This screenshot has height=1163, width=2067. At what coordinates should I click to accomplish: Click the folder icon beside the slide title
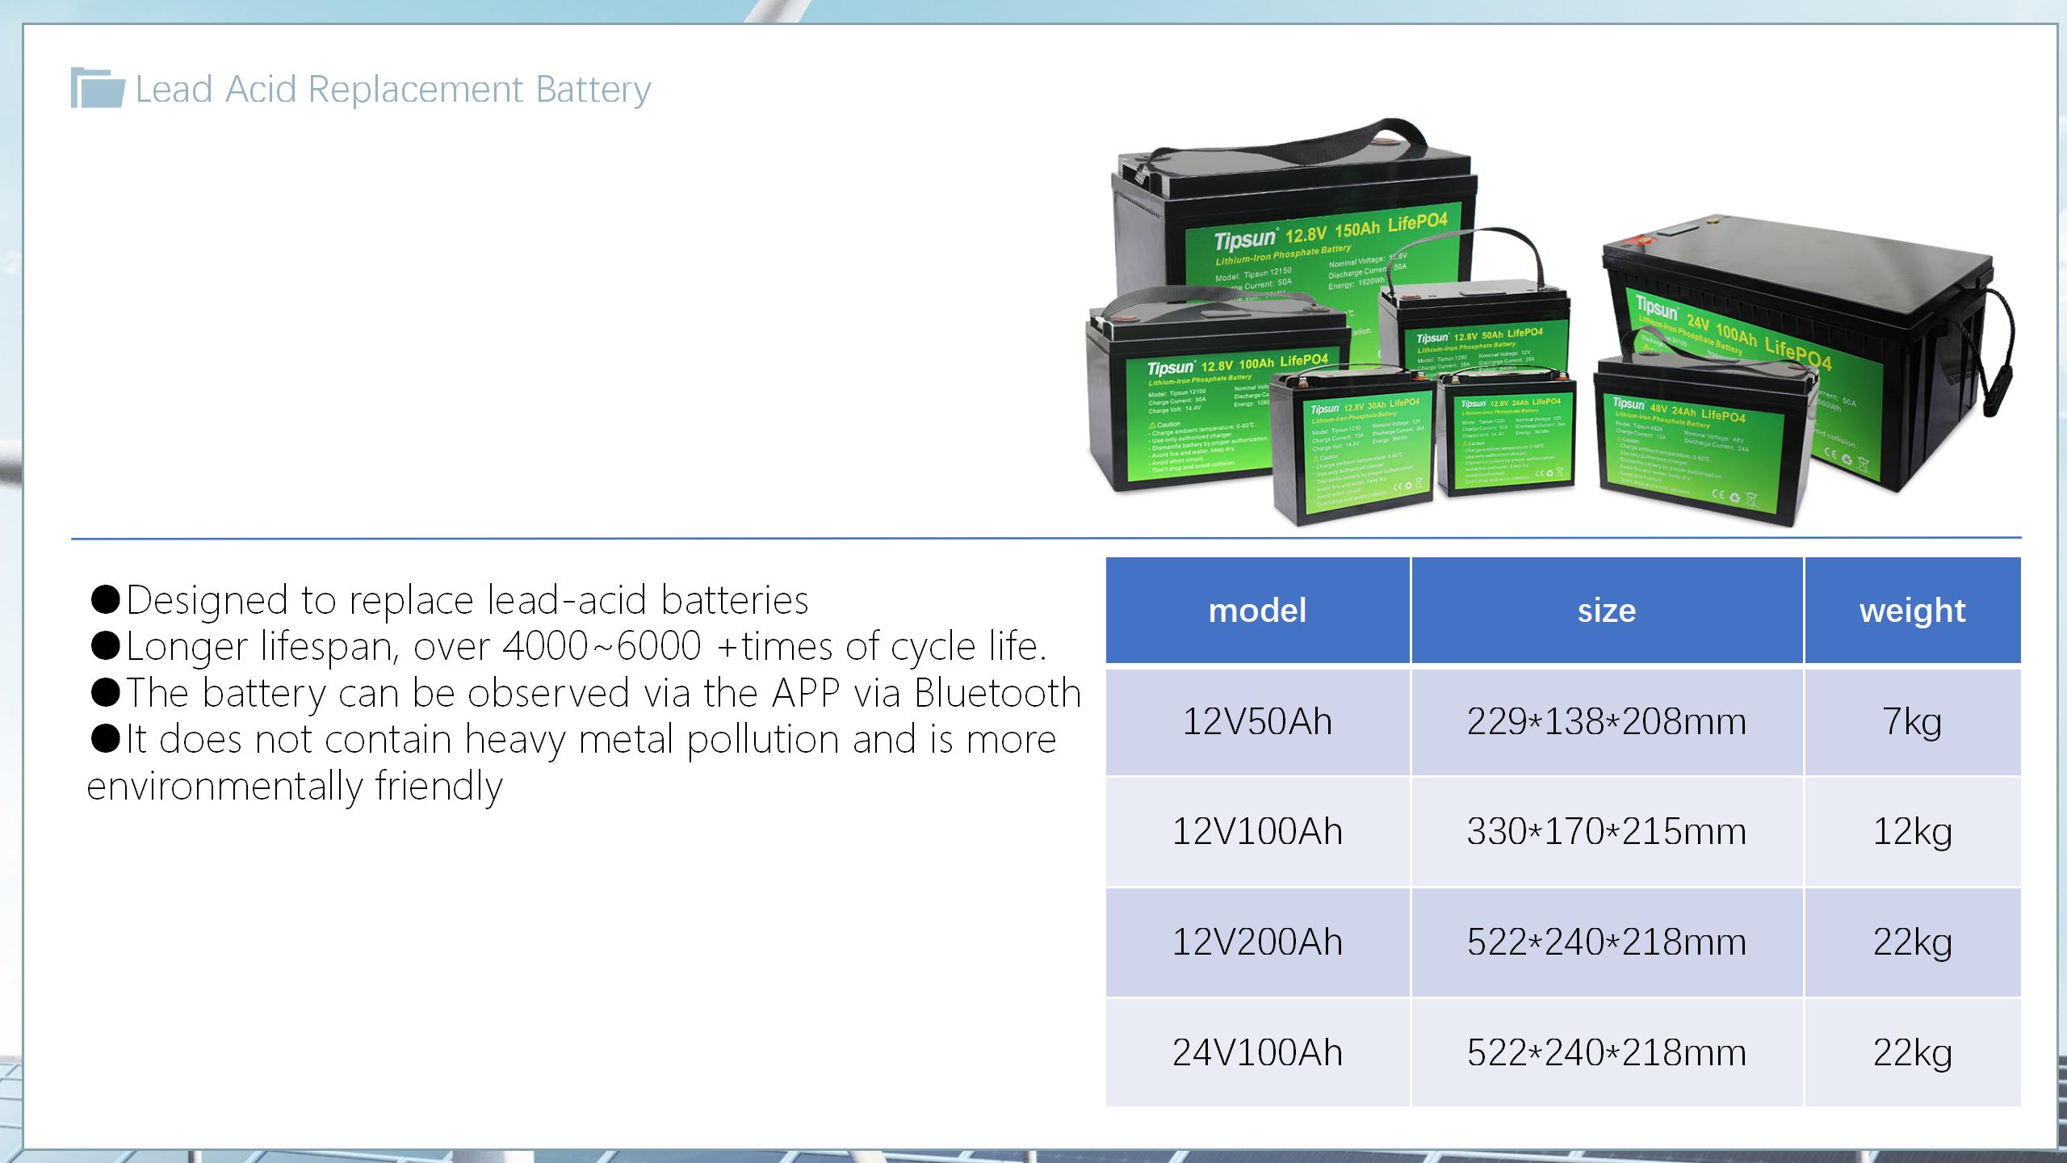click(x=98, y=88)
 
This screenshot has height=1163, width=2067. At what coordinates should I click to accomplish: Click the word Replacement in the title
click(x=415, y=90)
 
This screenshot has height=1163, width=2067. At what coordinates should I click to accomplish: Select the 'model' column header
click(x=1257, y=611)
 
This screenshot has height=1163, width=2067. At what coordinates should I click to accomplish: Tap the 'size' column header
click(x=1607, y=611)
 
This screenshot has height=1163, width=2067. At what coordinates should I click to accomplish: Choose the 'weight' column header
click(x=1912, y=611)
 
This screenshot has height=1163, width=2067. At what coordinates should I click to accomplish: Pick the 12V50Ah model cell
click(x=1257, y=721)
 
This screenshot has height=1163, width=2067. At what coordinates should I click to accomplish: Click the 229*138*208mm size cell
click(x=1607, y=721)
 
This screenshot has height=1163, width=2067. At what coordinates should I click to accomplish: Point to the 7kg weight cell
click(x=1912, y=721)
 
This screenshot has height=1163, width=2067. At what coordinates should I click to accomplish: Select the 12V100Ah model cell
click(x=1257, y=831)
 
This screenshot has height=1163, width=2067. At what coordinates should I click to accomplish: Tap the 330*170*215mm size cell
click(x=1607, y=831)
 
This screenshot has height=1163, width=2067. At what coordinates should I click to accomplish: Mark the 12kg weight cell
click(x=1912, y=831)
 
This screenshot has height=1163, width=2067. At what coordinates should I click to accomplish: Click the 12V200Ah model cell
click(x=1257, y=942)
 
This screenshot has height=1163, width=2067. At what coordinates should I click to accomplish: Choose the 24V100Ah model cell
click(x=1257, y=1052)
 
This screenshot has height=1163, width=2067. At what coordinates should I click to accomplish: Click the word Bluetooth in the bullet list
click(x=998, y=693)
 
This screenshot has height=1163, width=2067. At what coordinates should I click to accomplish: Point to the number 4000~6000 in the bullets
click(x=602, y=646)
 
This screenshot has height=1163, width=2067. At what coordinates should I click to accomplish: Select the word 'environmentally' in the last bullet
click(x=224, y=786)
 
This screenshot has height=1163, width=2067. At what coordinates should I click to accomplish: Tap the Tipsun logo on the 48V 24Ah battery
click(x=1629, y=403)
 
